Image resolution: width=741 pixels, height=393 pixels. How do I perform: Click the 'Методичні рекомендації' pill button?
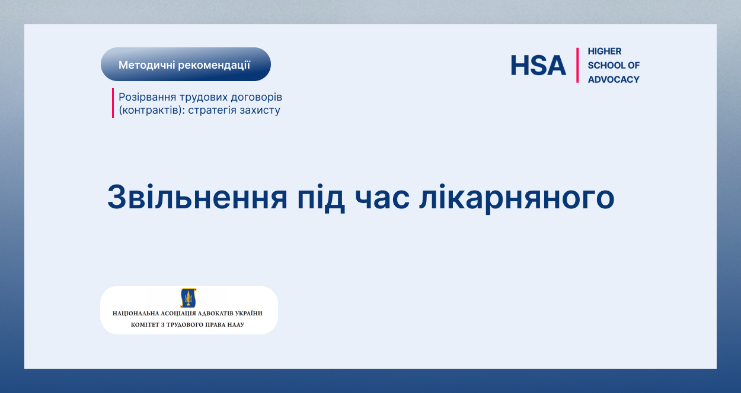(x=186, y=65)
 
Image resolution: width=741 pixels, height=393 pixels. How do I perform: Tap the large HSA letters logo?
(x=538, y=65)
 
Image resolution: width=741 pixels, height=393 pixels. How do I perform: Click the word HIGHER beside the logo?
(x=605, y=51)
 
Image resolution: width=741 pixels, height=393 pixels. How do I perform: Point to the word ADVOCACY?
(x=614, y=79)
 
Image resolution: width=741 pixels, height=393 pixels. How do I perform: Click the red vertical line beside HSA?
(x=577, y=65)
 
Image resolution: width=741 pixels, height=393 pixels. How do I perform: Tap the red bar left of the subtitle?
(x=113, y=103)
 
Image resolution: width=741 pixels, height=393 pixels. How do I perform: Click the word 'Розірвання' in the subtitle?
(x=147, y=97)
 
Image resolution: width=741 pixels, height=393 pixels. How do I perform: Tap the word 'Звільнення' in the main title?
(x=197, y=197)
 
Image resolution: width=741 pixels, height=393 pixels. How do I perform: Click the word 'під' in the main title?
(x=321, y=198)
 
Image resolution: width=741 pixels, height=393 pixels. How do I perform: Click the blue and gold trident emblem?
(x=189, y=298)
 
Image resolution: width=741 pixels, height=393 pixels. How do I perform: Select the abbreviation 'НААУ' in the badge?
(x=236, y=324)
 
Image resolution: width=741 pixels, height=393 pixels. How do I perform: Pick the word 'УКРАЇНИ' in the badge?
(x=250, y=313)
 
